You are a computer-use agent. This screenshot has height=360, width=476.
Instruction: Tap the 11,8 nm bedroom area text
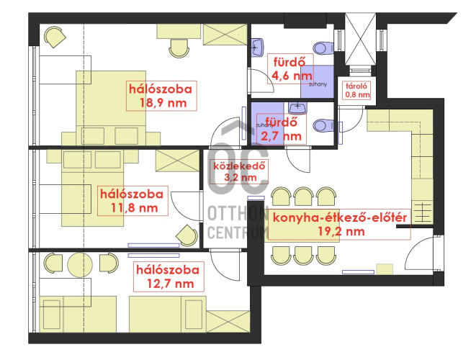coord(134,208)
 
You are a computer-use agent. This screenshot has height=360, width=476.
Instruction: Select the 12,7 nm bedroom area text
coord(170,284)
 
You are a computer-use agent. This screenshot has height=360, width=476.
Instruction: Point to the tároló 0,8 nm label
coord(357,90)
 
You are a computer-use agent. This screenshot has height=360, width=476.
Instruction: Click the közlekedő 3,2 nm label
coord(239,171)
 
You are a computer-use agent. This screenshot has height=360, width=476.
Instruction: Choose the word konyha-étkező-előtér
coord(340,218)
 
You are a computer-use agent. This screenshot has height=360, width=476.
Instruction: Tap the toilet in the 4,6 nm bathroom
coord(323,48)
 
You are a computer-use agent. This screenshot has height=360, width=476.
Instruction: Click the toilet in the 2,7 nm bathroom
coord(323,125)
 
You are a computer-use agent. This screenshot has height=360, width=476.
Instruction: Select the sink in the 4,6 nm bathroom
coord(257,48)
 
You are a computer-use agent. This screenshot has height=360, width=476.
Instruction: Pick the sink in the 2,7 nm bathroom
coord(297,108)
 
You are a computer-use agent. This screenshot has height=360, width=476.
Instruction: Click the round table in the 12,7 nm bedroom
coord(80,265)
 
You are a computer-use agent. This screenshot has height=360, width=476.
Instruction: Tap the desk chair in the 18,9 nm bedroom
coord(179,48)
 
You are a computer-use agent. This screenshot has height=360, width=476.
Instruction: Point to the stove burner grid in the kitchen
coord(422,213)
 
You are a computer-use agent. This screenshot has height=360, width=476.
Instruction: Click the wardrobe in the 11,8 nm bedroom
coord(177,161)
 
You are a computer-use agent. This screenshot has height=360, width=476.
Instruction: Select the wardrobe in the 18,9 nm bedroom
coord(225,35)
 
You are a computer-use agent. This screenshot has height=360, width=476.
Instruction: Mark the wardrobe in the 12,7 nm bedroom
coord(228,321)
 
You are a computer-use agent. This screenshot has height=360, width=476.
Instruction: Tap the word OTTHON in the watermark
coord(238,213)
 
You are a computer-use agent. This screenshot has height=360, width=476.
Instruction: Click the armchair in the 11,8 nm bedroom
coord(187,235)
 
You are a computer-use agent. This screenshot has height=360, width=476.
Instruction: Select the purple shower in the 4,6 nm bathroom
coord(318,81)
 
